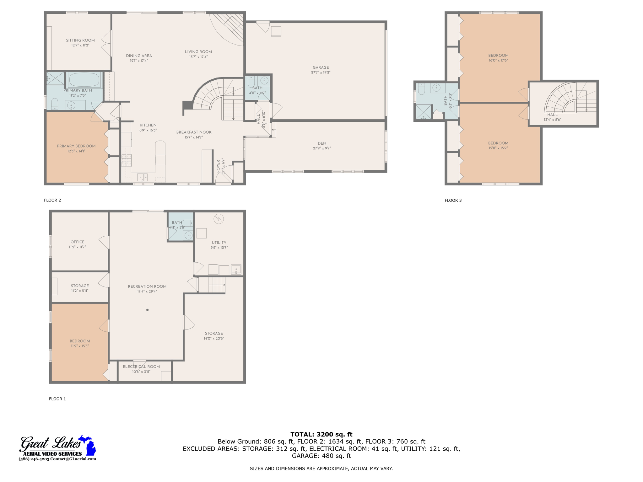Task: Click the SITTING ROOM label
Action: [80, 40]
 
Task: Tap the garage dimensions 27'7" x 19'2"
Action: [321, 72]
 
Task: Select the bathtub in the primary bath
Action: [84, 80]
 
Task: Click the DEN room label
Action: [322, 143]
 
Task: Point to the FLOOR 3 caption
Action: [453, 200]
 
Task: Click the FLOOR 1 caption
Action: [57, 399]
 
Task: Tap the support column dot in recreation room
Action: [147, 310]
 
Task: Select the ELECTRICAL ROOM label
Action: [141, 367]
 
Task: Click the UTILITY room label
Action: [219, 242]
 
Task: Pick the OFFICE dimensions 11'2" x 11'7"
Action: [77, 247]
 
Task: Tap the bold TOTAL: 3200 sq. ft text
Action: [321, 434]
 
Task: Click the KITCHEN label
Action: [148, 125]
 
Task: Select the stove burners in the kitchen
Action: [127, 160]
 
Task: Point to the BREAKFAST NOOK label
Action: [194, 132]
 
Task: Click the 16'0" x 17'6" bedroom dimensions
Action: [498, 60]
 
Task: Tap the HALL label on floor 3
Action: [552, 115]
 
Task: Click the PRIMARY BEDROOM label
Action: [76, 146]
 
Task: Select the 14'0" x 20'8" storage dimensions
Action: [213, 338]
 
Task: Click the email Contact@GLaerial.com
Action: [73, 459]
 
